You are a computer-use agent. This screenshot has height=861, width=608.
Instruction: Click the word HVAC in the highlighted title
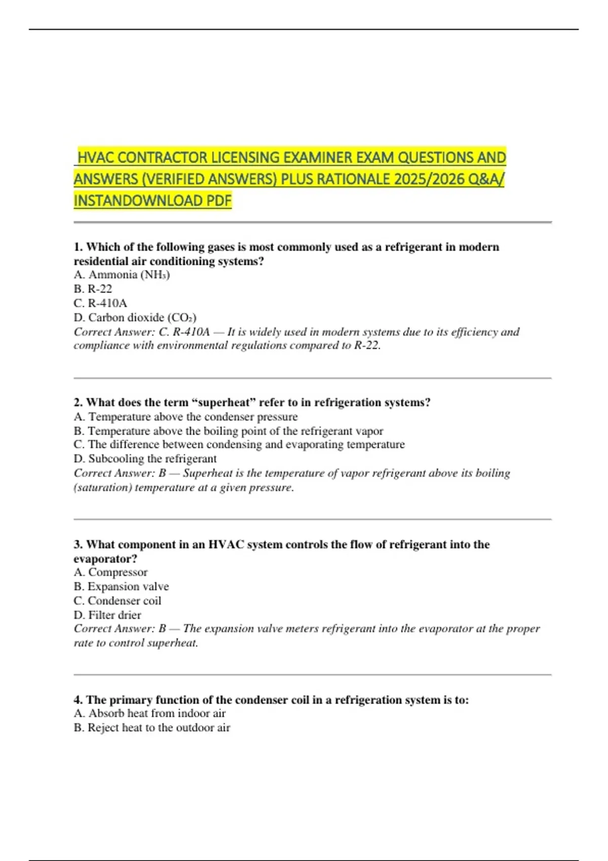tap(96, 158)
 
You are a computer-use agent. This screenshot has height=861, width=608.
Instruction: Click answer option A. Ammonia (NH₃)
tap(122, 275)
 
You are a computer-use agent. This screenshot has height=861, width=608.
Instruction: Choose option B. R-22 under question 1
tap(93, 289)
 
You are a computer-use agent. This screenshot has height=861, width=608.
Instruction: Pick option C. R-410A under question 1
tap(100, 303)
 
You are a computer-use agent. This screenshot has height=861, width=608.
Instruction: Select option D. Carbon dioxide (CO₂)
tap(135, 318)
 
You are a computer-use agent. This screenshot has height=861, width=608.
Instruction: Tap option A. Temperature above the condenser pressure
tap(185, 417)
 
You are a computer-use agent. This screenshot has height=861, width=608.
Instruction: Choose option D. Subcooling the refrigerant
tap(145, 459)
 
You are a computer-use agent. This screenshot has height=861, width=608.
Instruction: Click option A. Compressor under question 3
tap(110, 572)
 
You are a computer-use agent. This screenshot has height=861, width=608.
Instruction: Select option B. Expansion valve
tap(121, 586)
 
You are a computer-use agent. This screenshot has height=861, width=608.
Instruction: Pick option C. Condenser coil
tap(117, 601)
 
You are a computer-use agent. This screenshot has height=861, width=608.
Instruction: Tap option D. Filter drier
tap(107, 615)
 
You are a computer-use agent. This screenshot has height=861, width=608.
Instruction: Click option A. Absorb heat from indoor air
tap(149, 714)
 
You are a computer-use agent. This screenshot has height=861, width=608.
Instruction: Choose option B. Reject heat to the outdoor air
tap(151, 728)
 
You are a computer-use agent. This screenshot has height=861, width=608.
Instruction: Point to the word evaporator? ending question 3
tap(105, 559)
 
